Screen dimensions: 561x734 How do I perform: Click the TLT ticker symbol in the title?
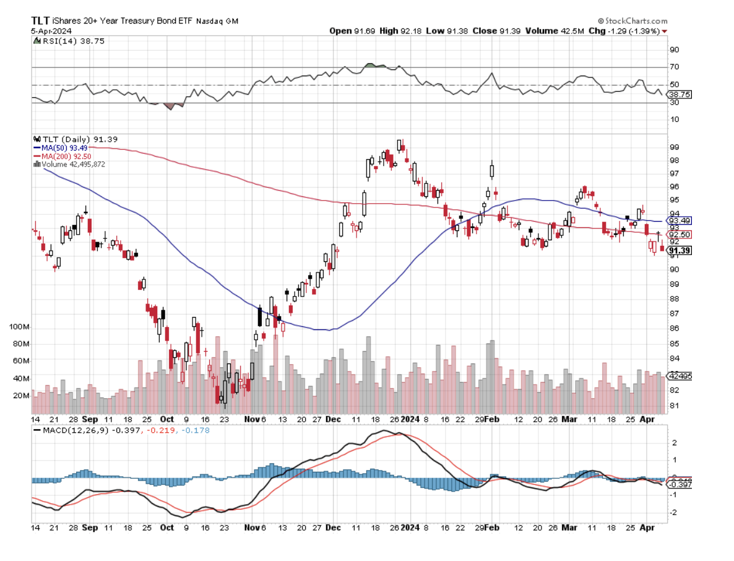click(x=41, y=20)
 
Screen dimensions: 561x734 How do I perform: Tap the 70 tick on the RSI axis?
click(x=674, y=67)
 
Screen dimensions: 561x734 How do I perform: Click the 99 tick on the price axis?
click(x=674, y=147)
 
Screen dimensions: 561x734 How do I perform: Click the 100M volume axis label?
click(x=20, y=326)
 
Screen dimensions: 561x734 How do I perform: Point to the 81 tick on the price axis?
click(x=674, y=406)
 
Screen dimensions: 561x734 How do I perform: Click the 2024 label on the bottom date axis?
click(x=410, y=528)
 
